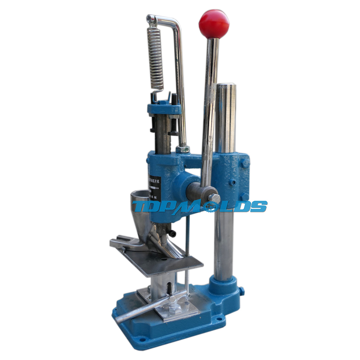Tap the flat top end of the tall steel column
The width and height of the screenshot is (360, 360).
point(226,86)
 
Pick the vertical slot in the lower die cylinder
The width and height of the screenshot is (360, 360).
point(168,288)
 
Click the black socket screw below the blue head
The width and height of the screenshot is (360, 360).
point(173,233)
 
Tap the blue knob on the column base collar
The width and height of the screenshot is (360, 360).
point(241,289)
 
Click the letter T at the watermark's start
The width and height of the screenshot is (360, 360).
point(139,206)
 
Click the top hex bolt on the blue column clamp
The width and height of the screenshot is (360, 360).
point(245,163)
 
